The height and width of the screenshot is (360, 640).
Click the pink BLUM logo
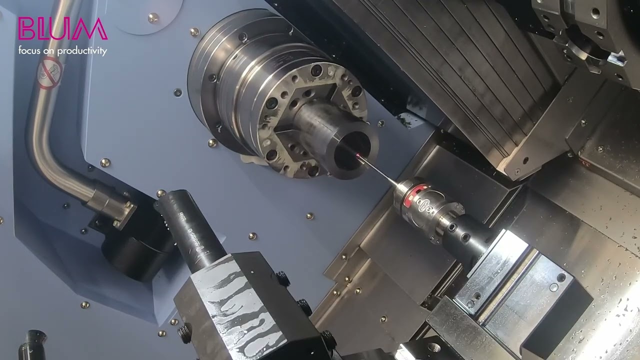pos(62,29)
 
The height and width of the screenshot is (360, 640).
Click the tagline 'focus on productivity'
pos(62,50)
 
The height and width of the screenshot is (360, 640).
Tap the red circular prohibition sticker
pos(50,73)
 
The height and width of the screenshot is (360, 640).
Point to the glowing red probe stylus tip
pos(358,156)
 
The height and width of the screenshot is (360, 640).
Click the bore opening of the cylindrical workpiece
pos(353,150)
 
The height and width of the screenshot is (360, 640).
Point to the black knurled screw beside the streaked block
pos(283,278)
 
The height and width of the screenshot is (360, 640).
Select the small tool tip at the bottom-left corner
pos(33,345)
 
